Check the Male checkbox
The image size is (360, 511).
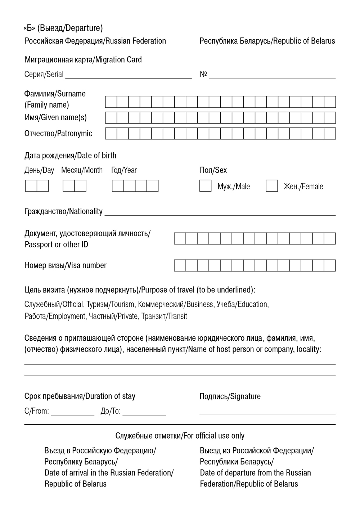(205, 186)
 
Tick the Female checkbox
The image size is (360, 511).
(272, 186)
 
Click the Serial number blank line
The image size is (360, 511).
(128, 76)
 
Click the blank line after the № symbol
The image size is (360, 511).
(272, 76)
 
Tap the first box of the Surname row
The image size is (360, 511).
(111, 102)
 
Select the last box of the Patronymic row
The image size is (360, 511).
(330, 134)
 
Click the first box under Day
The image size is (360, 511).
(31, 186)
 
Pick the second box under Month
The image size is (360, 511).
(80, 186)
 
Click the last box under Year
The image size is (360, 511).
(153, 186)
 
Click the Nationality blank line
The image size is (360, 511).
(220, 212)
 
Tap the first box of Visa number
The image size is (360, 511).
(180, 265)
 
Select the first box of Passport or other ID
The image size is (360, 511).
(180, 238)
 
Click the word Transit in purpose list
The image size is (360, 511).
(177, 317)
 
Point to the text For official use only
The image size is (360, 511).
(214, 436)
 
